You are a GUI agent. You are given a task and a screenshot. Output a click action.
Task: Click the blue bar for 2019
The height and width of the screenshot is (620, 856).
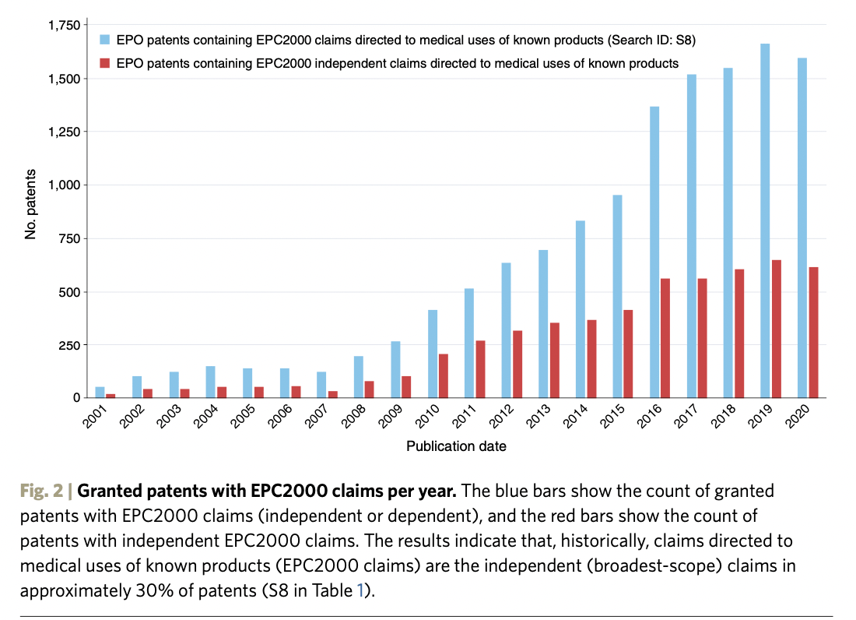[765, 220]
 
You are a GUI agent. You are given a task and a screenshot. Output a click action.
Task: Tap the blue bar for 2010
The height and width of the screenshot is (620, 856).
[433, 354]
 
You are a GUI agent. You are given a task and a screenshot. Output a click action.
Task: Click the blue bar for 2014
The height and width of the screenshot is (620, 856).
[581, 309]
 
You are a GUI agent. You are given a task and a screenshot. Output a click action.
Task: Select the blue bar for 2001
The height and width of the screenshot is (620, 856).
[100, 392]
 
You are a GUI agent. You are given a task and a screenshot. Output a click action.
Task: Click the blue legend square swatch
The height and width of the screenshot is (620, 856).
[104, 38]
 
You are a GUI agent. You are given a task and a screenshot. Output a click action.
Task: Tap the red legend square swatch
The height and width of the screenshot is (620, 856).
[104, 63]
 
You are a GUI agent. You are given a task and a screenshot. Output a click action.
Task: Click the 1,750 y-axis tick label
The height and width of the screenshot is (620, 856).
[64, 26]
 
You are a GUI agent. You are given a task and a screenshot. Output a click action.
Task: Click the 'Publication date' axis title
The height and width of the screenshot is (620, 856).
[456, 446]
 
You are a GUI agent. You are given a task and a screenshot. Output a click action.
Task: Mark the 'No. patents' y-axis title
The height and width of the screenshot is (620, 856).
[30, 203]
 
